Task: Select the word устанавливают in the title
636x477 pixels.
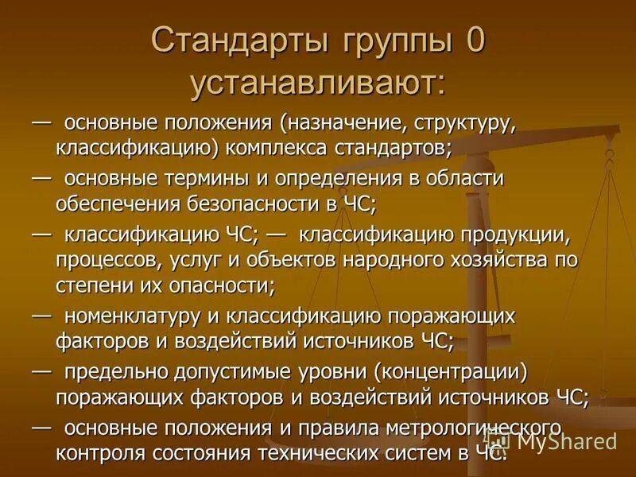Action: point(317,82)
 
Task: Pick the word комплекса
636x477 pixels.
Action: point(302,147)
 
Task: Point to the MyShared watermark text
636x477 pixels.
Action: point(566,440)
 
